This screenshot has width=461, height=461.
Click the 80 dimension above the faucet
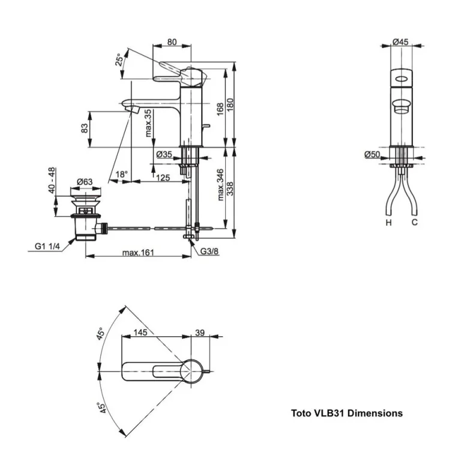coord(172,42)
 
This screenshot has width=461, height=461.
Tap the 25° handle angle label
coord(120,61)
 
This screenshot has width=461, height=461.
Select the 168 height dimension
coord(221,107)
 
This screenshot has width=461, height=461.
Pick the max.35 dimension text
coord(148,122)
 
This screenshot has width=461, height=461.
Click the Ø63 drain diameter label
coord(84,182)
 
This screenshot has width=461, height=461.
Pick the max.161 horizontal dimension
coord(139,253)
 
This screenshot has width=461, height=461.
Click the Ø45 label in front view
coord(400,41)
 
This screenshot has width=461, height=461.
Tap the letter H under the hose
coord(389,223)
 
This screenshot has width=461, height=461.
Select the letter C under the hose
coord(414,223)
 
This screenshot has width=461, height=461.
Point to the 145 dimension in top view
coord(140,333)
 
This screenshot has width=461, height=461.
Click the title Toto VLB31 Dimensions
coord(347,413)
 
